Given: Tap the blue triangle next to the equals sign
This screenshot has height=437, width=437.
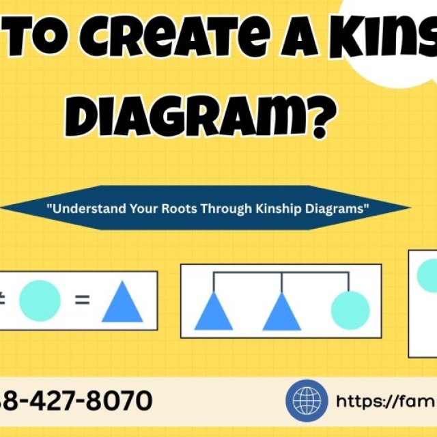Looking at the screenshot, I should click(122, 303).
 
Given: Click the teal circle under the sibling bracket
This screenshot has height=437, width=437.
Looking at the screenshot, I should click(350, 310).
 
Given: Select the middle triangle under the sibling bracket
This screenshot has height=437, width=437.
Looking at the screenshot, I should click(281, 311).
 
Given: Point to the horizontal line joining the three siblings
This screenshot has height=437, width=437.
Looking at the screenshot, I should click(281, 273).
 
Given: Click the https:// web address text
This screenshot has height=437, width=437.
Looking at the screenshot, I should click(382, 401).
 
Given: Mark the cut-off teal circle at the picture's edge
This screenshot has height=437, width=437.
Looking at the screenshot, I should click(427, 275).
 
